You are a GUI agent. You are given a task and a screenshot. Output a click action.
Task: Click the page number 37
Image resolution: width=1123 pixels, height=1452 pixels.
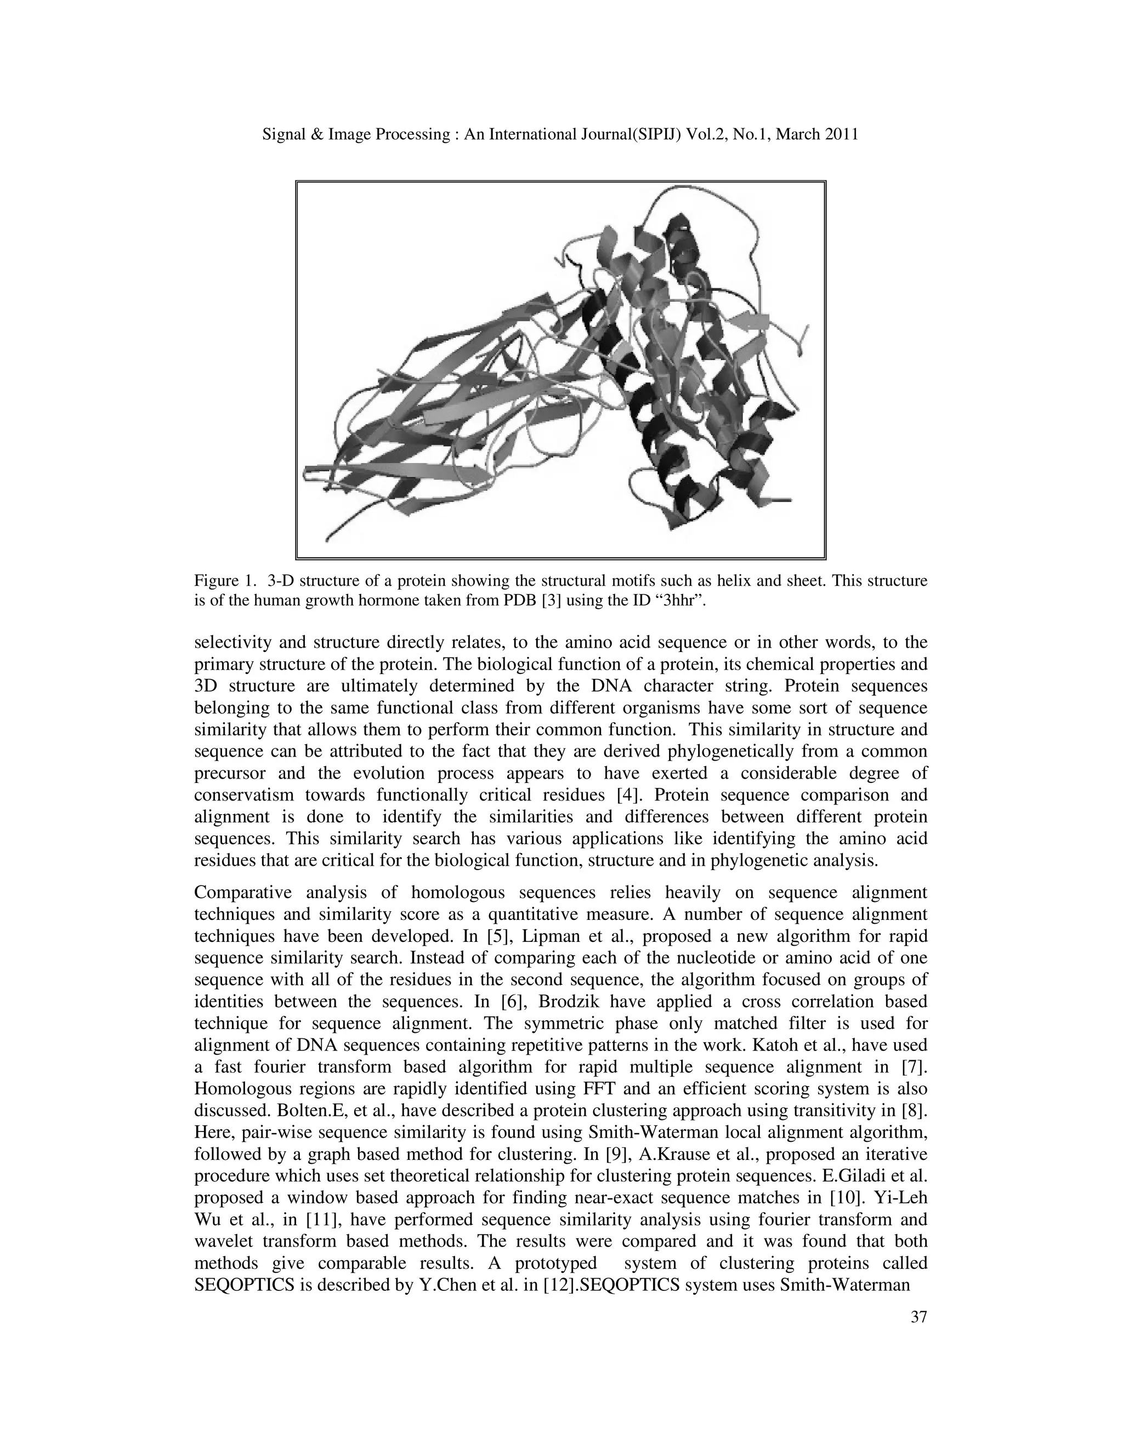point(918,1317)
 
